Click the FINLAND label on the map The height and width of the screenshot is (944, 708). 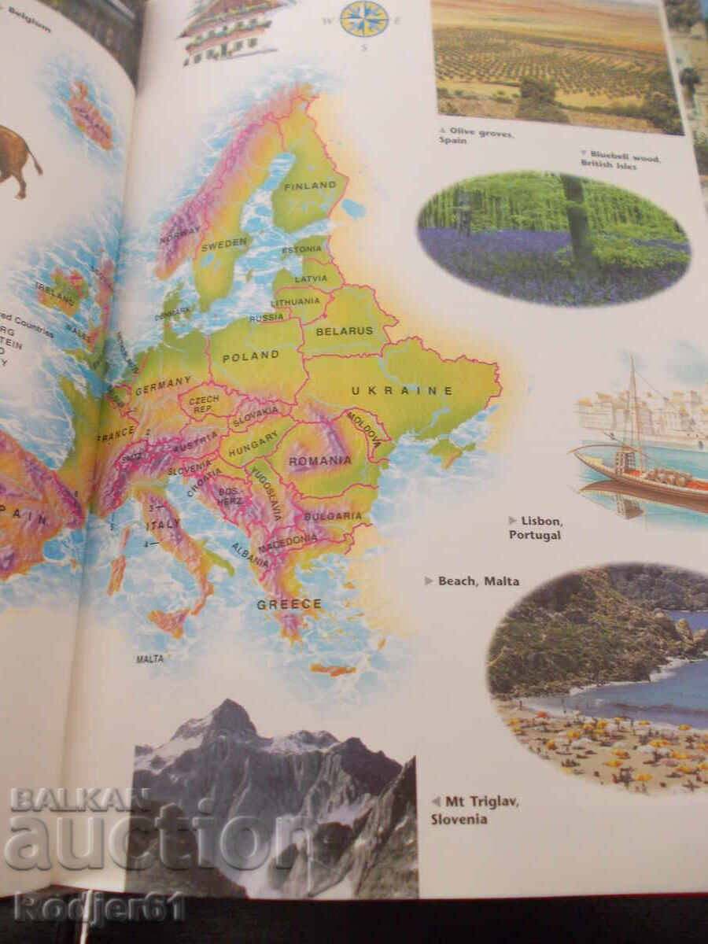pyautogui.click(x=309, y=186)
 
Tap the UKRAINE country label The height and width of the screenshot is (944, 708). pyautogui.click(x=402, y=390)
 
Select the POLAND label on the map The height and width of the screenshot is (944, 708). pyautogui.click(x=250, y=356)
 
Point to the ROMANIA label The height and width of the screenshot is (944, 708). pyautogui.click(x=319, y=460)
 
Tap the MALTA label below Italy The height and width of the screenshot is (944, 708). pyautogui.click(x=150, y=658)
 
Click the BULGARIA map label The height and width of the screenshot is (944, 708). pyautogui.click(x=333, y=517)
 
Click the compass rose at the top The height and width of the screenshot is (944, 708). pyautogui.click(x=364, y=18)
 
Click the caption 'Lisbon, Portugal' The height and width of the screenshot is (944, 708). pyautogui.click(x=535, y=528)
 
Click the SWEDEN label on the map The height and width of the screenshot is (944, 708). pyautogui.click(x=224, y=244)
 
